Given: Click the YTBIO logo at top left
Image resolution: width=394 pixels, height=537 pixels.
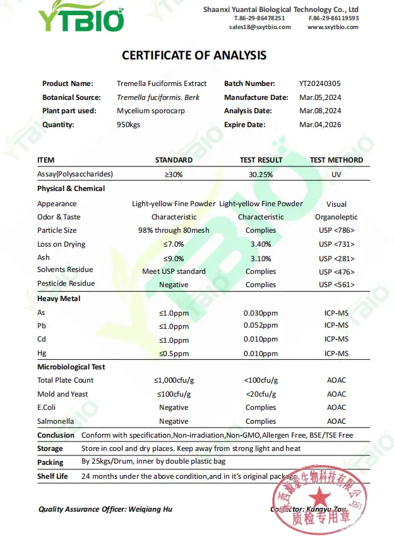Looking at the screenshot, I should tap(81, 18).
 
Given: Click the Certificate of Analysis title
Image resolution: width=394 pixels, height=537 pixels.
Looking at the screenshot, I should tap(194, 56).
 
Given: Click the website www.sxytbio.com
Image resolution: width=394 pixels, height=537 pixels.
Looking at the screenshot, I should tap(333, 27).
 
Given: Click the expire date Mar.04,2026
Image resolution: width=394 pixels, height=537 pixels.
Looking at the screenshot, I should tap(319, 125).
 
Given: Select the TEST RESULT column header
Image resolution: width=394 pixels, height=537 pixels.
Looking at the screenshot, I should tap(261, 160).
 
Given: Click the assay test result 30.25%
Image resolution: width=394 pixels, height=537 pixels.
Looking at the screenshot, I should tap(261, 174).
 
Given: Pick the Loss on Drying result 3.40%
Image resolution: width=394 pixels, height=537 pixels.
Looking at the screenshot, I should tap(261, 244).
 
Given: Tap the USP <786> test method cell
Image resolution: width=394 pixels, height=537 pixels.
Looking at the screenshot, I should tap(336, 231).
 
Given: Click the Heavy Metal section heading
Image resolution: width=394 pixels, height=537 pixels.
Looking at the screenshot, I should tap(59, 299).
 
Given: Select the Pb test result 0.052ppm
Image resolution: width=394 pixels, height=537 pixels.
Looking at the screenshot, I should tap(261, 326).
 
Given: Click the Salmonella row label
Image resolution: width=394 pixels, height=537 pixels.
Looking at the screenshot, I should tap(56, 421).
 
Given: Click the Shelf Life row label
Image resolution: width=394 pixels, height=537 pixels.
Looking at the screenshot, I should tap(52, 476).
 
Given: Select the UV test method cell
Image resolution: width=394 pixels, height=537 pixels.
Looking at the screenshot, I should tap(336, 174).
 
